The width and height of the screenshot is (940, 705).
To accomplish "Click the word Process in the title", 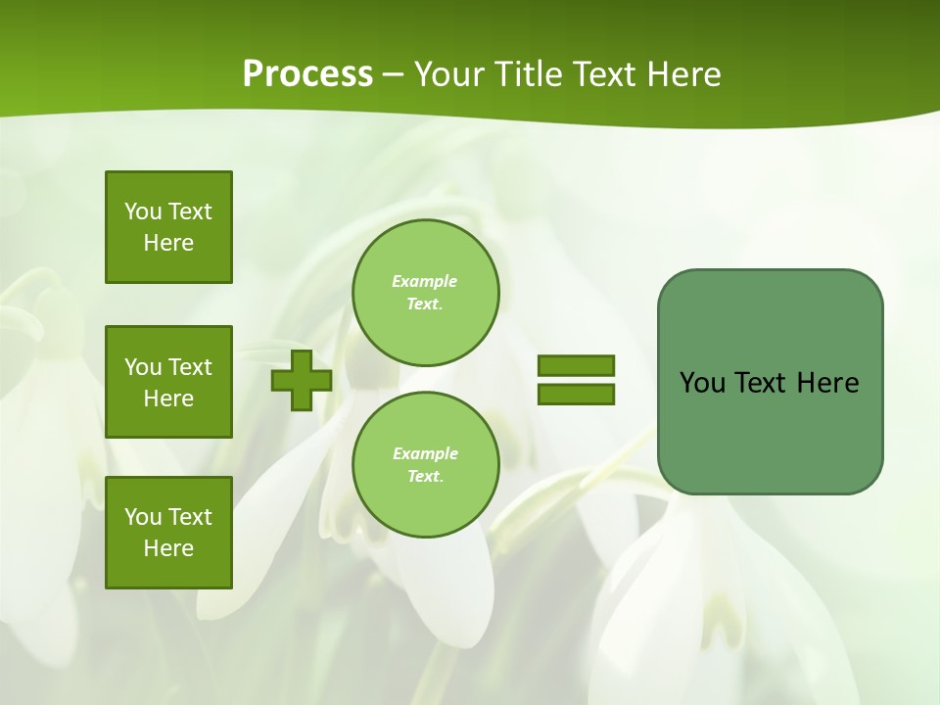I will point(307,74).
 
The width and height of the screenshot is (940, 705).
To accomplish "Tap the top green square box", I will point(168,227).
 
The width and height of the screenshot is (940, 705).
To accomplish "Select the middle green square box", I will point(168,382).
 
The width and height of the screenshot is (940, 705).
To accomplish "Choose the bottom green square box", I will point(168,533).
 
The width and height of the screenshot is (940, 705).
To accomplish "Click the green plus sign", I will point(302,381).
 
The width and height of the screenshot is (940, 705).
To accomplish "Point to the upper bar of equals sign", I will point(576,365).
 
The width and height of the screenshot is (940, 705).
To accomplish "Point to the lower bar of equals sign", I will point(576,395).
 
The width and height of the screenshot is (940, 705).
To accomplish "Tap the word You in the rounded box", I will point(702,383).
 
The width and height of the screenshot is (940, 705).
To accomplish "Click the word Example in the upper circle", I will point(425,281).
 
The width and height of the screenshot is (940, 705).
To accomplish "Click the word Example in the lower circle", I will point(425,453).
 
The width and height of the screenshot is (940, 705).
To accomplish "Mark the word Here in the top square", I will point(168,243).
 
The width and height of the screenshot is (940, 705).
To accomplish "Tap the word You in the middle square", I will point(143,367).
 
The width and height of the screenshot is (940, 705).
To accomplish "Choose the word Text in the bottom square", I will point(190,517).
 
